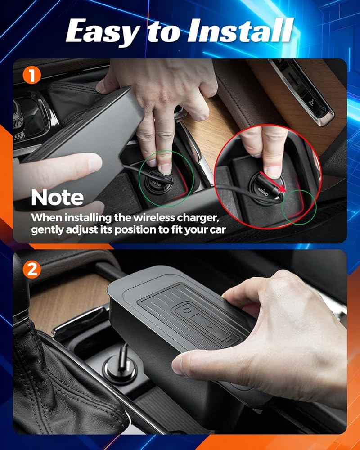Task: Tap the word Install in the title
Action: [x=240, y=30]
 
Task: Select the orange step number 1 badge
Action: [x=32, y=76]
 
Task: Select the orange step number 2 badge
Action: [x=32, y=270]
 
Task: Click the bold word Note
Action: [x=58, y=198]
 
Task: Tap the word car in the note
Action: [x=218, y=230]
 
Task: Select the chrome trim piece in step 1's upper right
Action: [x=301, y=92]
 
